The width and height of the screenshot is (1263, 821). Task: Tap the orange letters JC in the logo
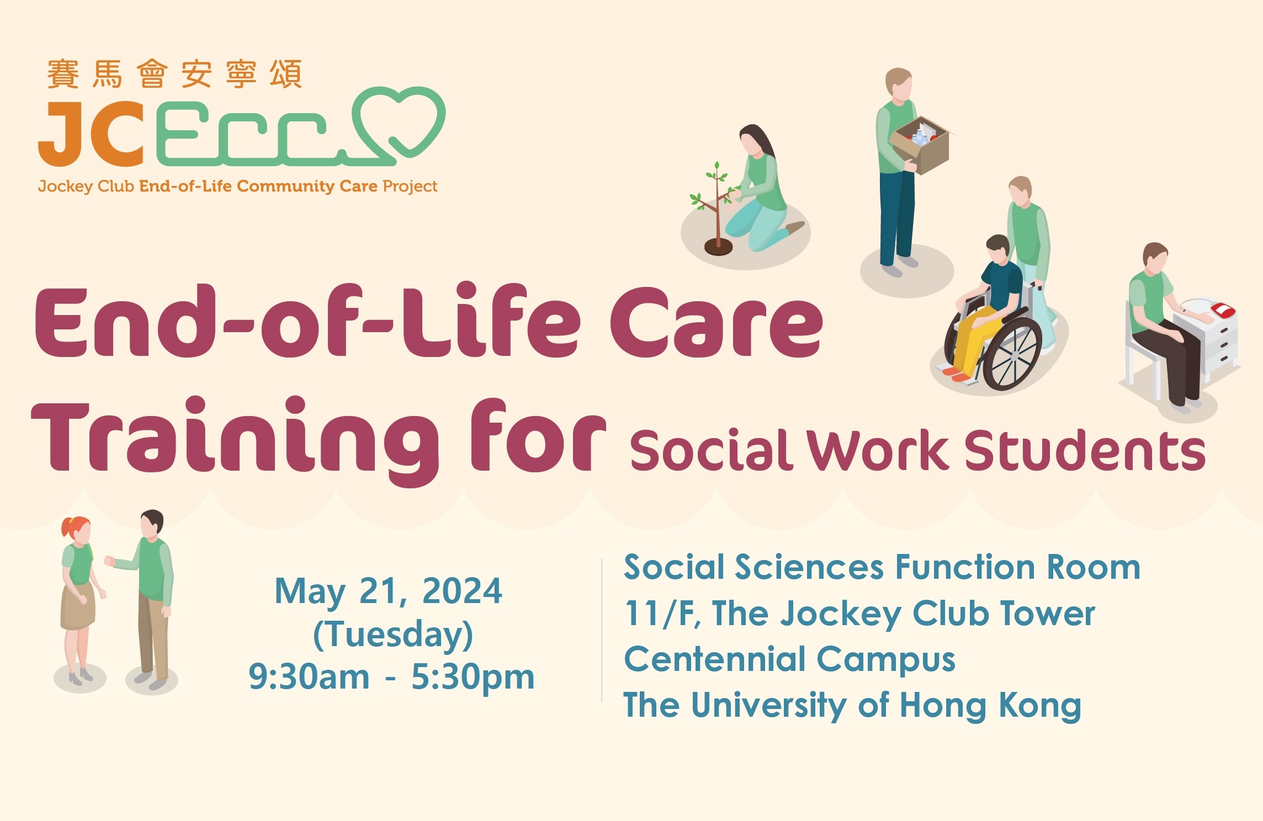pos(92,134)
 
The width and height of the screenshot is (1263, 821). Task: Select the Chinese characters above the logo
pos(174,74)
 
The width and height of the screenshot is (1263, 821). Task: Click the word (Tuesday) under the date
pos(393,634)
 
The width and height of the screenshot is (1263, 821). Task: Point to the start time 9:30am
pos(309,676)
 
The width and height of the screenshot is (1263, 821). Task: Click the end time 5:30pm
pos(473,678)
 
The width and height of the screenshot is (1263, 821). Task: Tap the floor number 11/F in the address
pos(662,614)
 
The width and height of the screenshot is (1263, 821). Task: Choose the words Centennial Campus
pos(789,659)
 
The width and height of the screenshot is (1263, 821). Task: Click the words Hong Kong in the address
pos(990,706)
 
